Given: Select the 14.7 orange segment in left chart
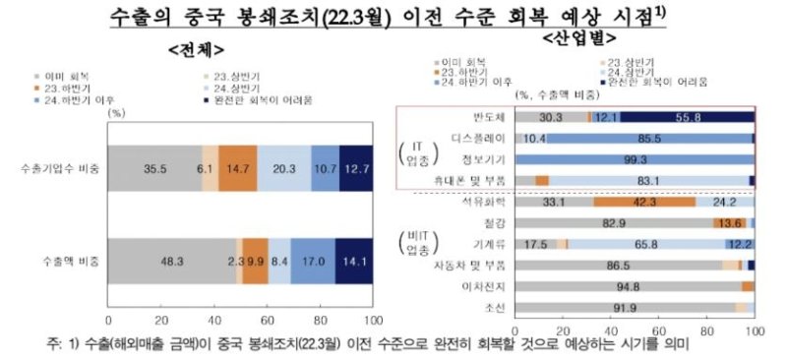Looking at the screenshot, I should (237, 170).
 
